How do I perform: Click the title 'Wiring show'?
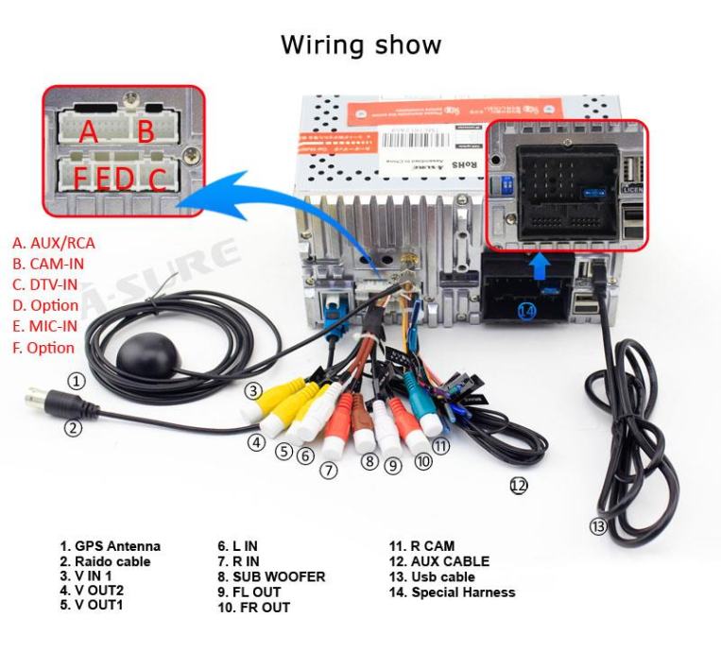[360, 44]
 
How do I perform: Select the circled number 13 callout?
[597, 525]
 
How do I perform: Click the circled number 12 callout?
[518, 485]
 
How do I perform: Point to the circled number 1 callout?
[77, 382]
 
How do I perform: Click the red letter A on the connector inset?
[88, 132]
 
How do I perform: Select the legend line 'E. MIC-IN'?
[48, 326]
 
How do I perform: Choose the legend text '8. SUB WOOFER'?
[271, 576]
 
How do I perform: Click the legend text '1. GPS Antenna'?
[111, 546]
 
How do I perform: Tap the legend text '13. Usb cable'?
[432, 576]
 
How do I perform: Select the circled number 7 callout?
[328, 470]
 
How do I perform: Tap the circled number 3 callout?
[252, 390]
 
